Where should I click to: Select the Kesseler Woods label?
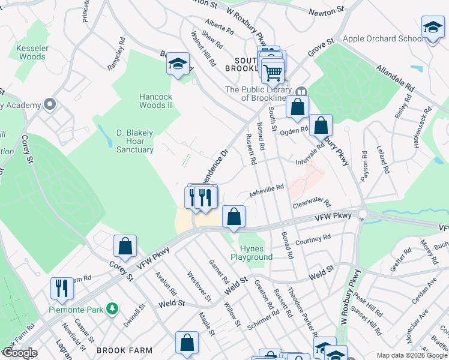[x=31, y=52]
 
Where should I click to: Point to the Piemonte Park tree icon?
[x=112, y=309]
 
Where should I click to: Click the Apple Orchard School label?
[x=382, y=38]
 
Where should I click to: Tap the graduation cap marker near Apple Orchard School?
[x=433, y=29]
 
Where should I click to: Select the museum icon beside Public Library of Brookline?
[x=301, y=91]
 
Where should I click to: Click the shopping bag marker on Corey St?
[x=125, y=247]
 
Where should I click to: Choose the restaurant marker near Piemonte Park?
[x=62, y=288]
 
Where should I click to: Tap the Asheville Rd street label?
[x=266, y=191]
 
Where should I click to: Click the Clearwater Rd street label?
[x=312, y=205]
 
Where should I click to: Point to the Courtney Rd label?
[x=313, y=239]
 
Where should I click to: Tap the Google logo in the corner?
[x=19, y=353]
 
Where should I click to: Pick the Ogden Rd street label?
[x=296, y=130]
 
